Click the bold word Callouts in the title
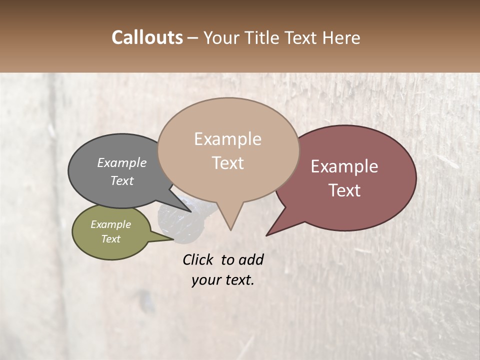(x=147, y=37)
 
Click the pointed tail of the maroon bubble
(x=268, y=234)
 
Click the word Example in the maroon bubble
(x=344, y=166)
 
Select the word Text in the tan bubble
(x=227, y=163)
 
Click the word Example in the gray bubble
(x=122, y=162)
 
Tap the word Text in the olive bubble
(x=111, y=239)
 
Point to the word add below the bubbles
(x=251, y=259)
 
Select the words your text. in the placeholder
(x=223, y=280)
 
